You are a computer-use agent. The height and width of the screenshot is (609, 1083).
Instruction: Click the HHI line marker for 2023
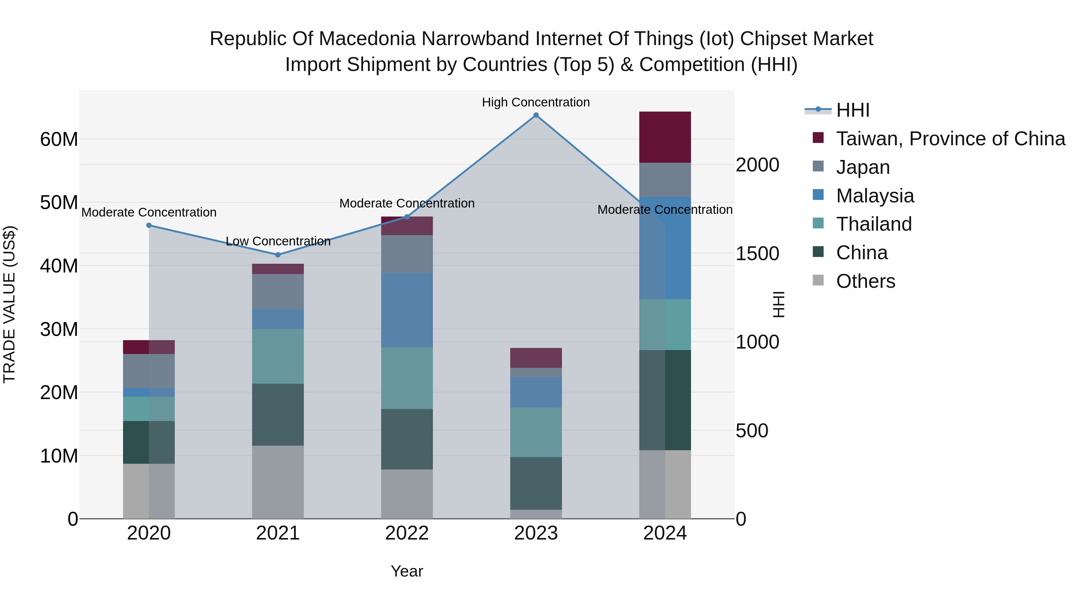pos(536,115)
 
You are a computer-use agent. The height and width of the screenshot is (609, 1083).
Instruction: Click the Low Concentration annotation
pos(278,241)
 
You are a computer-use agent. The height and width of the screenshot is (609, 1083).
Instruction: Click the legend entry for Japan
pos(863,167)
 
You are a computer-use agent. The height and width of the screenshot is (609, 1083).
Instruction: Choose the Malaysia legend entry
pos(875,196)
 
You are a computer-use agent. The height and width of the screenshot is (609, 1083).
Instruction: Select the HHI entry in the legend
pos(853,110)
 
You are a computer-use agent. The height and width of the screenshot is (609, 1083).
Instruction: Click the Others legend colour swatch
pos(818,280)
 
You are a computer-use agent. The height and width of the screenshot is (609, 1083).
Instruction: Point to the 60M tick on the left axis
pos(59,139)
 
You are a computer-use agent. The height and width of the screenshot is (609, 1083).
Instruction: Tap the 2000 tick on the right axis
pos(757,165)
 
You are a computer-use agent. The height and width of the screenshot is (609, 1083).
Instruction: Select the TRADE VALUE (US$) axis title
pos(9,304)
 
